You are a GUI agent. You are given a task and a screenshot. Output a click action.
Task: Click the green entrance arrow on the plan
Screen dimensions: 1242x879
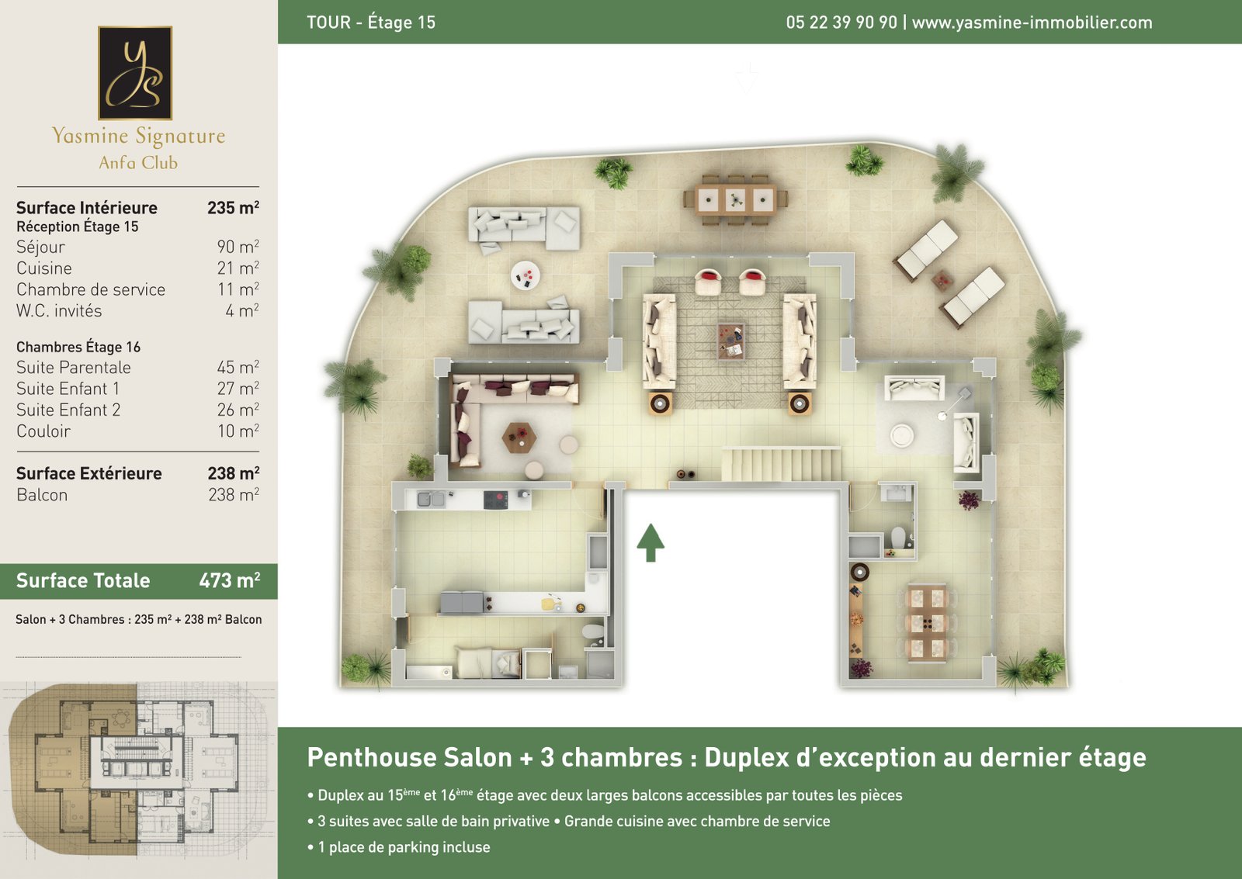[650, 542]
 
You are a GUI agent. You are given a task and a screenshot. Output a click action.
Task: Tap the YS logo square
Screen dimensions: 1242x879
[135, 73]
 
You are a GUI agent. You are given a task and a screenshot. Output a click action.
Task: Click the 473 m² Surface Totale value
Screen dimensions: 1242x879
[230, 580]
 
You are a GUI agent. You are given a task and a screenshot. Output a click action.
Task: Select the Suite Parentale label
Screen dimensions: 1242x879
[73, 368]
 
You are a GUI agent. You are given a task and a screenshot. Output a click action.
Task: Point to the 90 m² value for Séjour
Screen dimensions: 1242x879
[238, 247]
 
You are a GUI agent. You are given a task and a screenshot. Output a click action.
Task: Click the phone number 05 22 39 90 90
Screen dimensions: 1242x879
[841, 22]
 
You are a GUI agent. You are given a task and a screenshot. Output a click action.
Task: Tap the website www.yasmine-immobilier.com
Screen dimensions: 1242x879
[1032, 22]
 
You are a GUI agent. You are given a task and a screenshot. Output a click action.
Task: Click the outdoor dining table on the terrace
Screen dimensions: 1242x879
[736, 199]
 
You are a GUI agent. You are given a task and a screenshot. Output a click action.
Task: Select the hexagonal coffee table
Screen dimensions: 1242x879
[519, 438]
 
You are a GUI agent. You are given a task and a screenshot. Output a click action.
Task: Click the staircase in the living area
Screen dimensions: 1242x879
[781, 465]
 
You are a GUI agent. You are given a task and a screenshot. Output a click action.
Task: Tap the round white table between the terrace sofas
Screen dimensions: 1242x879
[525, 275]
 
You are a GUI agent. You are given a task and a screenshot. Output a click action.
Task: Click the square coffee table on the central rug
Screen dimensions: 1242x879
[730, 341]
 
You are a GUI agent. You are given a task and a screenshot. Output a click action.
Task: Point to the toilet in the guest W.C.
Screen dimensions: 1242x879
[898, 537]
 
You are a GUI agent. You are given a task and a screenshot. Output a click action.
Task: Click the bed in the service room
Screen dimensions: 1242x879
[488, 663]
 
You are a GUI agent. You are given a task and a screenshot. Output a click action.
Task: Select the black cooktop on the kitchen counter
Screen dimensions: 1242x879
[495, 500]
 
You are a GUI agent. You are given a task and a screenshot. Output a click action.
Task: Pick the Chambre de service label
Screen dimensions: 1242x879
[90, 289]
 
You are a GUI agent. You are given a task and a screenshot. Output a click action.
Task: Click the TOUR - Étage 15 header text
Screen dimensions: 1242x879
[371, 22]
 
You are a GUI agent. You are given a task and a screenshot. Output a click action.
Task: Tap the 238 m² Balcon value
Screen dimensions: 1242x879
[234, 495]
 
